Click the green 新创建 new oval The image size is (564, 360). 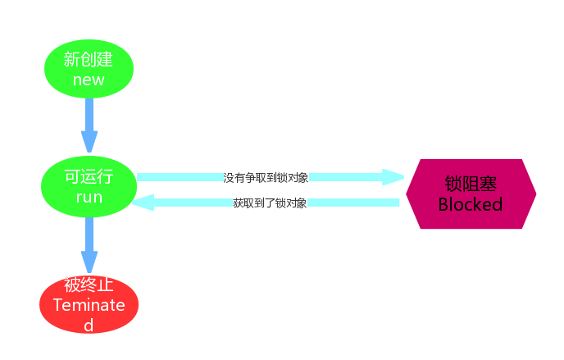point(89,70)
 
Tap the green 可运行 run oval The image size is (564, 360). point(89,187)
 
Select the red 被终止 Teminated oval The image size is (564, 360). point(89,304)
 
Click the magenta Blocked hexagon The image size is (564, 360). point(471,194)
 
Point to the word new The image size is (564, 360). point(89,80)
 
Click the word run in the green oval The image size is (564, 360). point(89,198)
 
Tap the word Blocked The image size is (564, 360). point(471,204)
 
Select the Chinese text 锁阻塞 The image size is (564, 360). point(471,183)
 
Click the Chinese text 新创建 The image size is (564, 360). point(89,60)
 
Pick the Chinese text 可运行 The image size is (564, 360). point(89,177)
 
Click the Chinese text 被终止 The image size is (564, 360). point(89,285)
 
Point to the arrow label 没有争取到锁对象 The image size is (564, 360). point(266,177)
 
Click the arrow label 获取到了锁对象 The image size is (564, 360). point(270,203)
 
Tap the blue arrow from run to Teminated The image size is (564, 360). point(89,238)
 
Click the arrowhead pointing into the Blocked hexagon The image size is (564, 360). point(393,177)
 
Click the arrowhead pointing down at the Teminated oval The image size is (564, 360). point(89,262)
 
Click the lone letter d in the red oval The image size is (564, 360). point(89,324)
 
